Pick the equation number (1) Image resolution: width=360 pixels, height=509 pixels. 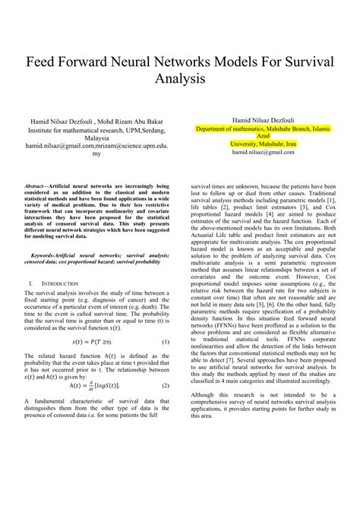(x=164, y=343)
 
